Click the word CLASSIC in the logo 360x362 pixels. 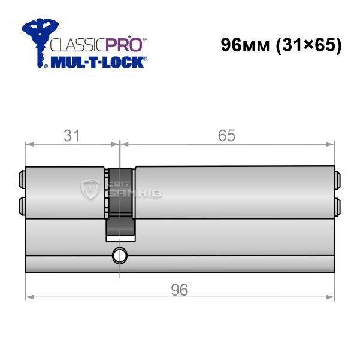77,45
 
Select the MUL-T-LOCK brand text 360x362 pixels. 97,62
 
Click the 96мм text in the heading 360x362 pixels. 245,45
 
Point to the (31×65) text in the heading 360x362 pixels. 309,45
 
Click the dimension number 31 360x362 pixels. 72,136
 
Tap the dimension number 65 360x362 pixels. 226,136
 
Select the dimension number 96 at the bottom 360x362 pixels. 180,290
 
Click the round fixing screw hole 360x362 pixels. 120,256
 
